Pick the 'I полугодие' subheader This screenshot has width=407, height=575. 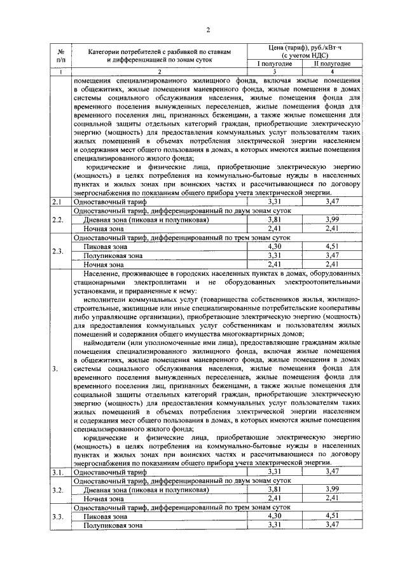[274, 64]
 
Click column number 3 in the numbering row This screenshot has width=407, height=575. [274, 72]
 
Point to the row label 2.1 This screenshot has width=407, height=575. [59, 201]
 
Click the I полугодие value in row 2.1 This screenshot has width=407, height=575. [274, 201]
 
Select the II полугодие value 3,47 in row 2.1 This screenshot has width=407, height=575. [331, 201]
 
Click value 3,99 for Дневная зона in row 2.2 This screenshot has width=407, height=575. [331, 219]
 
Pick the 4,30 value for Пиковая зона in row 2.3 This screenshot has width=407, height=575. [274, 247]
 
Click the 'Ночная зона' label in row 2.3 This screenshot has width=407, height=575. [104, 264]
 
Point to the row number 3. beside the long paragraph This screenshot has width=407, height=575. [57, 369]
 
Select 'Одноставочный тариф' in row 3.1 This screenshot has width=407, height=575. [106, 472]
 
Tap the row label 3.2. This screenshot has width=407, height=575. [59, 490]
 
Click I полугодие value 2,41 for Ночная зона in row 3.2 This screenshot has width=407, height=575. [274, 499]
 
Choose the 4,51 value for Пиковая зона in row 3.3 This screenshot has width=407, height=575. [331, 517]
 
